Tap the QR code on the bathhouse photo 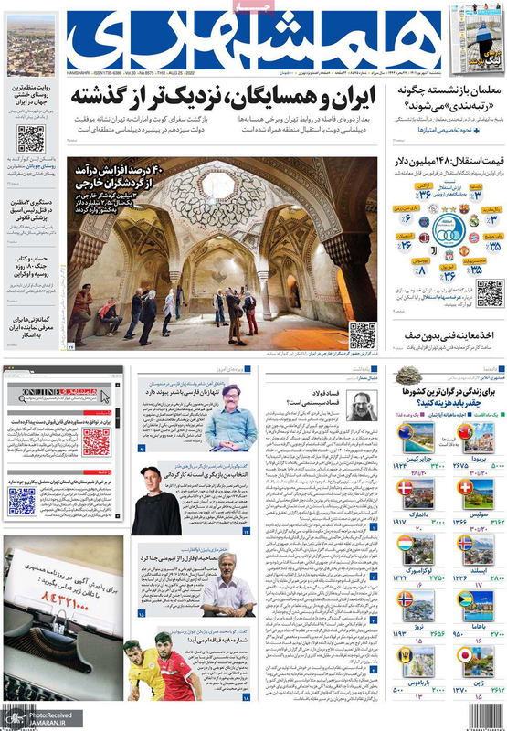362,334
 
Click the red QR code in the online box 96,442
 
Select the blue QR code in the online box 22,500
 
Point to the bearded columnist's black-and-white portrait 361,406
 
